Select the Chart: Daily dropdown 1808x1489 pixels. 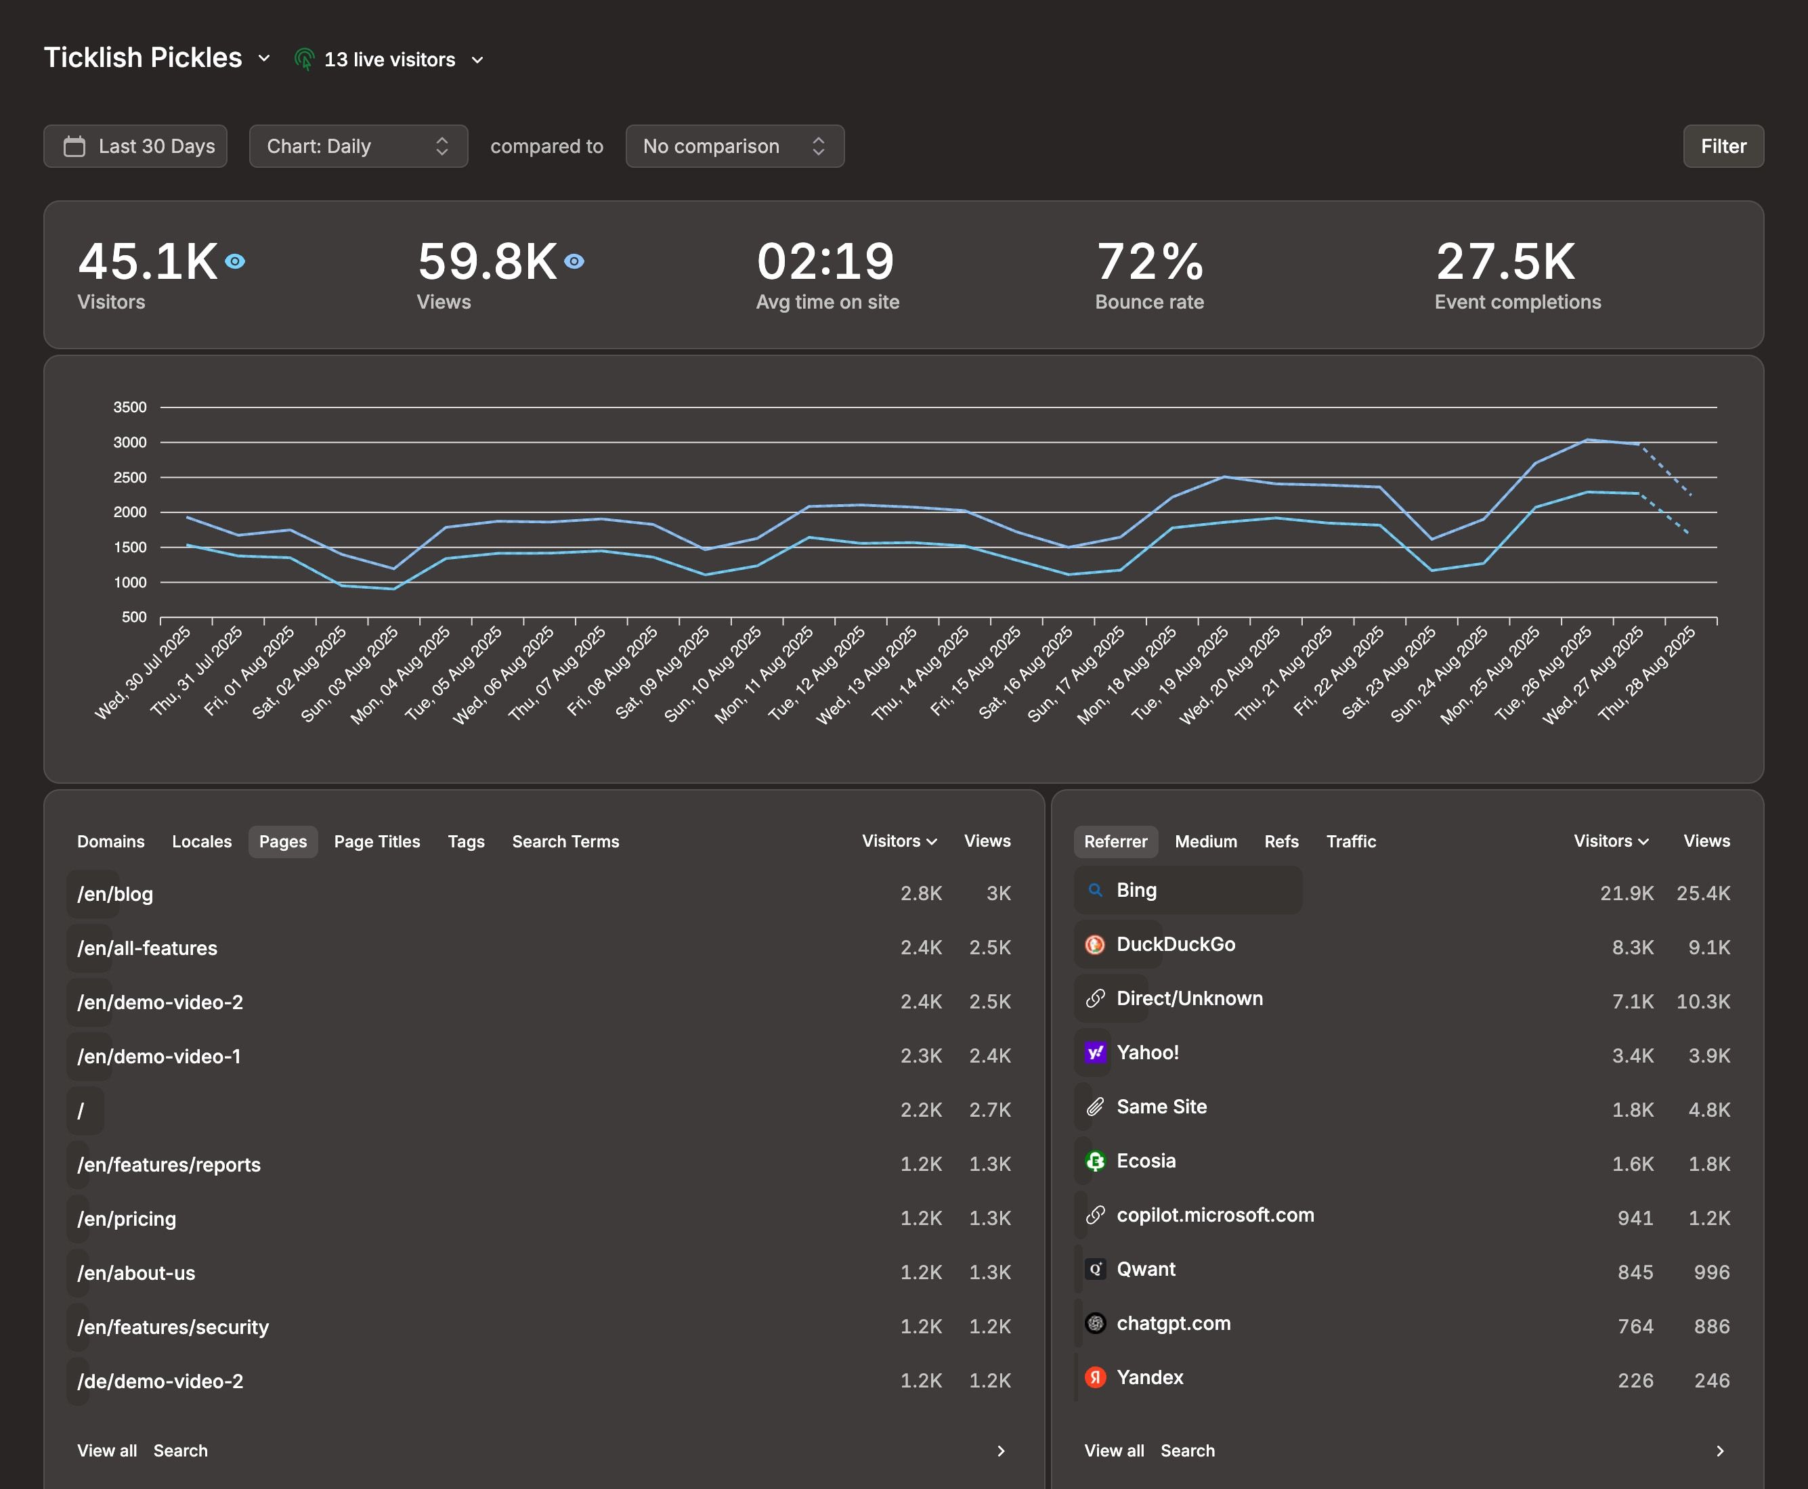pyautogui.click(x=358, y=147)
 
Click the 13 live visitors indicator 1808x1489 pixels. pyautogui.click(x=389, y=59)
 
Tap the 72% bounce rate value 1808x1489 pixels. pyautogui.click(x=1149, y=262)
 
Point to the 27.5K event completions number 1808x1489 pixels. pyautogui.click(x=1505, y=262)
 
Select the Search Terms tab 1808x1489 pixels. pyautogui.click(x=565, y=841)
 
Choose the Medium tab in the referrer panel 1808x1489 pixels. pyautogui.click(x=1205, y=841)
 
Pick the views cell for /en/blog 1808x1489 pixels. pyautogui.click(x=998, y=894)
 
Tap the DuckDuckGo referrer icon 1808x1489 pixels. pyautogui.click(x=1095, y=946)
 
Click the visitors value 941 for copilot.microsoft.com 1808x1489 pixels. pyautogui.click(x=1635, y=1219)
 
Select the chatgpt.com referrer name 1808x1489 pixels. pyautogui.click(x=1173, y=1323)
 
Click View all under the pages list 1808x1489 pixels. pyautogui.click(x=106, y=1450)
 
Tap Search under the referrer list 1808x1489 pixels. pyautogui.click(x=1187, y=1450)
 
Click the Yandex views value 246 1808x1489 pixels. pyautogui.click(x=1711, y=1381)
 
